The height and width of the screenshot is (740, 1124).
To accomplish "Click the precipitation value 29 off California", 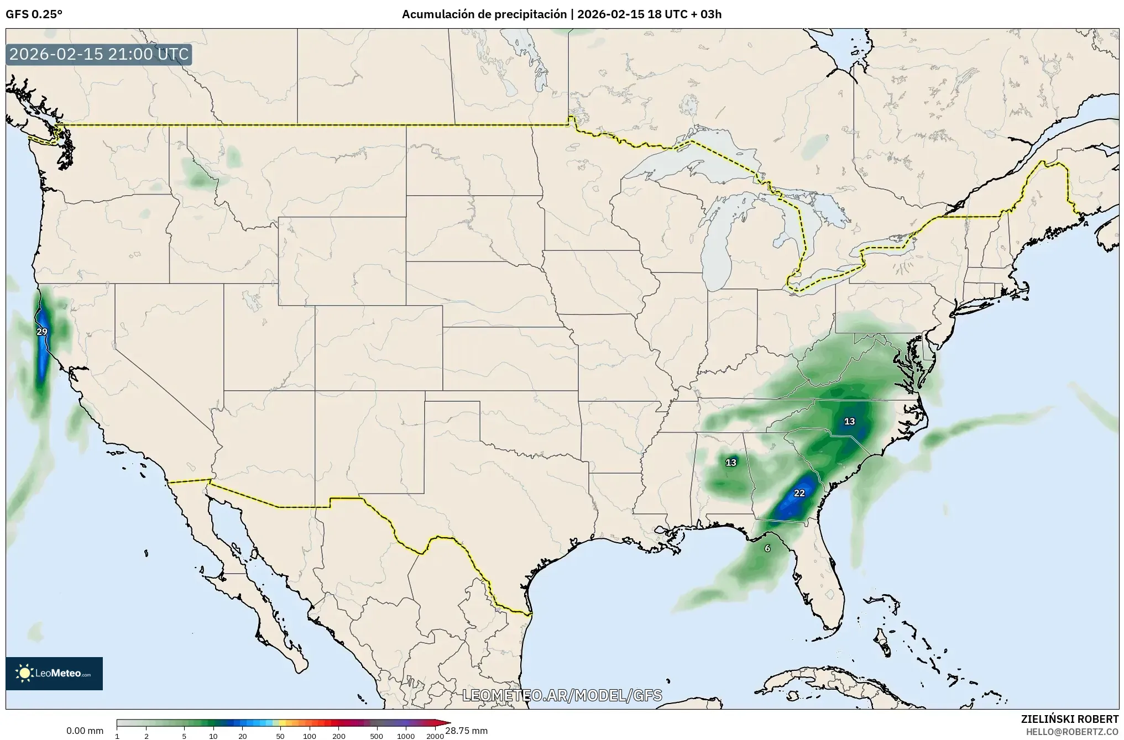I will (42, 332).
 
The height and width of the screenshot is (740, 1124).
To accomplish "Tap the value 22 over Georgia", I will (799, 493).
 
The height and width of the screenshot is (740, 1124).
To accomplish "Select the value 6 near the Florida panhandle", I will (767, 548).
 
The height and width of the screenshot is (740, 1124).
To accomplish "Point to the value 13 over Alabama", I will (731, 463).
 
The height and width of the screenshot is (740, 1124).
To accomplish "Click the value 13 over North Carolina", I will (850, 422).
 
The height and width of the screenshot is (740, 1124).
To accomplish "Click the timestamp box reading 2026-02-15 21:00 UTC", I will (99, 55).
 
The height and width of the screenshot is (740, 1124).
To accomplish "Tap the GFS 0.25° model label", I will (34, 14).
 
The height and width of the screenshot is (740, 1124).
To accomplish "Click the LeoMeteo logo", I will (54, 673).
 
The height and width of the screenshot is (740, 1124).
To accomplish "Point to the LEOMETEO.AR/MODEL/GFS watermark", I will (562, 695).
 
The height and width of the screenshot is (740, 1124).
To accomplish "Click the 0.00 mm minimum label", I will (85, 731).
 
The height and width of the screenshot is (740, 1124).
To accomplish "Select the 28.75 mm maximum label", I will (467, 731).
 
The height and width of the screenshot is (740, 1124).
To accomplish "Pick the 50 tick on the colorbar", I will (280, 736).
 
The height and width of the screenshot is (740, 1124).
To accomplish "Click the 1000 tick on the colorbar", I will (406, 736).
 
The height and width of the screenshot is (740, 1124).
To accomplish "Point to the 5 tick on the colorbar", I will (184, 736).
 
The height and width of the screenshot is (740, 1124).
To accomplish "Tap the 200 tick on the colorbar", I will (339, 736).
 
